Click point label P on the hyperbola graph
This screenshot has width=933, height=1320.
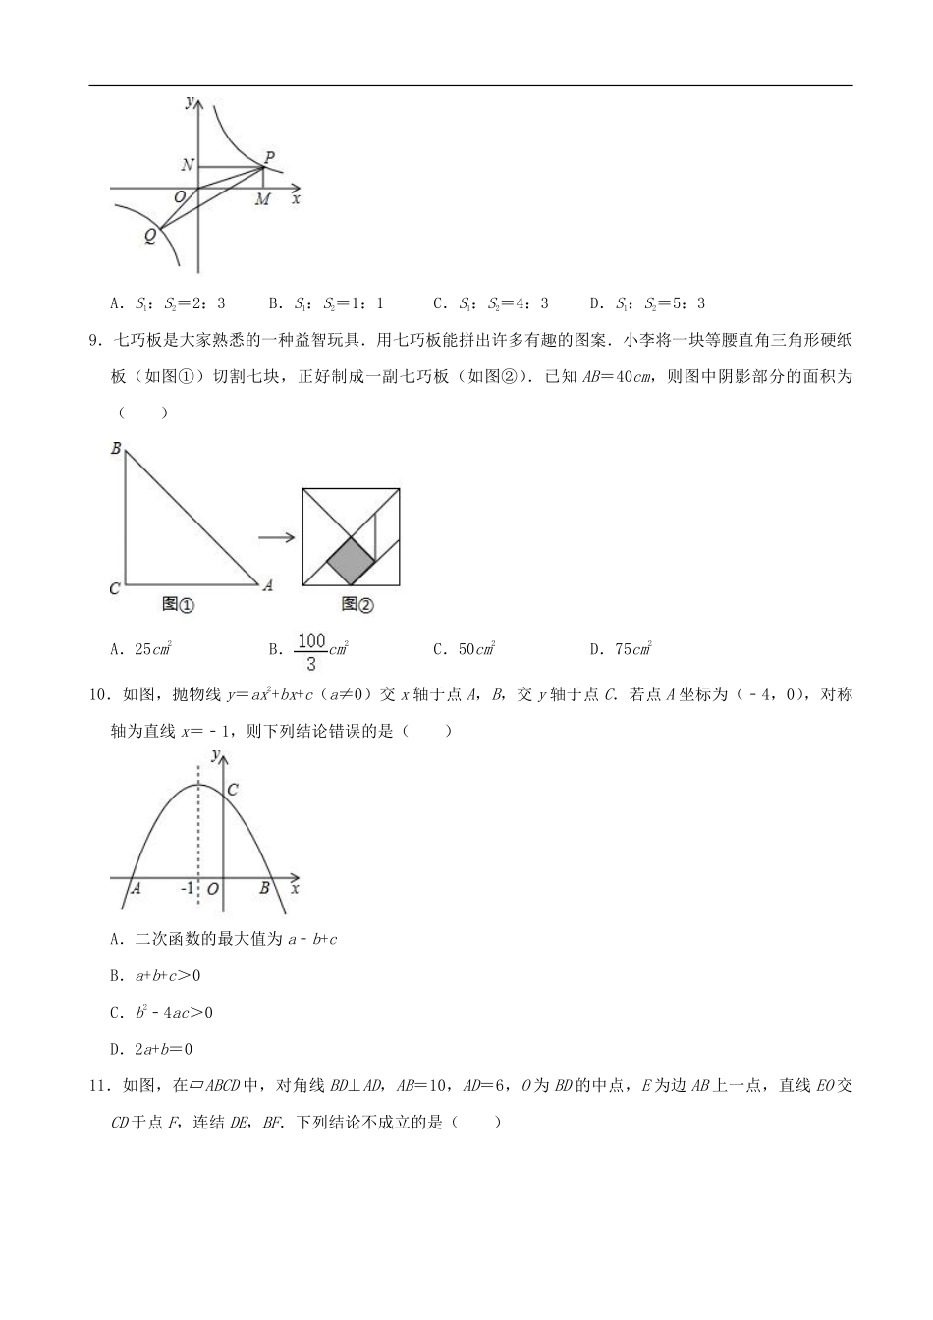269,155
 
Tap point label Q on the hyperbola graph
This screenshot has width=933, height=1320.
149,236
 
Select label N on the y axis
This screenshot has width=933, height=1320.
188,166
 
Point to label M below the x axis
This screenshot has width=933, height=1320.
262,200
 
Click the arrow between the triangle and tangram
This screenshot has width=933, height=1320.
276,537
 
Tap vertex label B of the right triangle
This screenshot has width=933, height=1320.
116,449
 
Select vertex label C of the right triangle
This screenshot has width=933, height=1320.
115,589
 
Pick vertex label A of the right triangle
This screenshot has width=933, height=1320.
266,585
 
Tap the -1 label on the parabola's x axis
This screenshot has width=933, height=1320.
188,889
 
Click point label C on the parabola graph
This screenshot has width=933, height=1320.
233,789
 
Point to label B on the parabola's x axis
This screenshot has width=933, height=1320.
263,888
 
